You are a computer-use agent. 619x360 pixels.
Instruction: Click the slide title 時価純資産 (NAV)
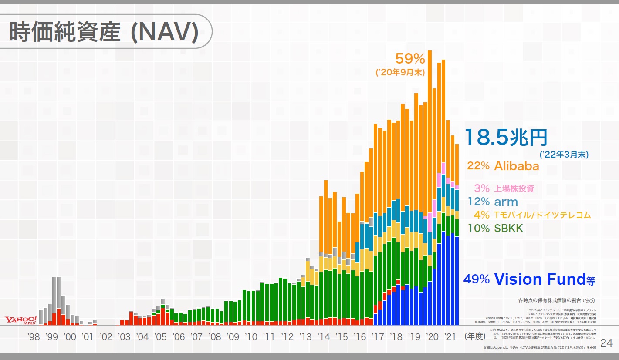pos(104,33)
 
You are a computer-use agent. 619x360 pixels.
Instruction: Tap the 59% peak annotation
pos(410,58)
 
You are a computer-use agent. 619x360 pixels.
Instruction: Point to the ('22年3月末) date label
pos(566,154)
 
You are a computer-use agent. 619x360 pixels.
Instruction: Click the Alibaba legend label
pos(517,166)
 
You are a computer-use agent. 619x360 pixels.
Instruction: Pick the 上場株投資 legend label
pos(514,188)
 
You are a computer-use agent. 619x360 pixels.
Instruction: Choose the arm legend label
pos(506,202)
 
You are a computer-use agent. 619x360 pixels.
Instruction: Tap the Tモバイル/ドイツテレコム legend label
pos(542,215)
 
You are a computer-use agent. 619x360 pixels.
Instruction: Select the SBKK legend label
pos(508,228)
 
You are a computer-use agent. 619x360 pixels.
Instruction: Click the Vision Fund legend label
pos(545,279)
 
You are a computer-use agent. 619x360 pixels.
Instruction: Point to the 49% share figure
pos(477,279)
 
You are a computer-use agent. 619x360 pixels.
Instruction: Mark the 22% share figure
pos(479,166)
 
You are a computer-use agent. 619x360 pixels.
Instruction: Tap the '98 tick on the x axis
pos(34,336)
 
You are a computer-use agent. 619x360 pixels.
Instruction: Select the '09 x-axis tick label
pos(233,336)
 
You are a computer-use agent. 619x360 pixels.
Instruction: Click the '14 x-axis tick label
pos(323,336)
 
